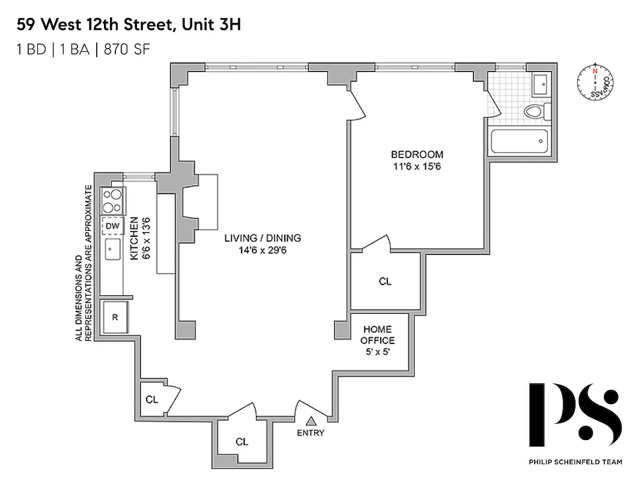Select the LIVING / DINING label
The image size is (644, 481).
pyautogui.click(x=263, y=238)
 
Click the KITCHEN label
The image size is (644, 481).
pyautogui.click(x=135, y=239)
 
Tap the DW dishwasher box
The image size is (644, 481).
pyautogui.click(x=112, y=226)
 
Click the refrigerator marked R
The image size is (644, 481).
pyautogui.click(x=114, y=317)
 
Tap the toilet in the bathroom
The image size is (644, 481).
pyautogui.click(x=533, y=111)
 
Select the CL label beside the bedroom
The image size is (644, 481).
pyautogui.click(x=385, y=281)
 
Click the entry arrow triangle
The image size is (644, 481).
pyautogui.click(x=311, y=422)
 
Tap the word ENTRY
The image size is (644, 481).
pyautogui.click(x=311, y=433)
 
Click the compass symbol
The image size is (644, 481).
pyautogui.click(x=595, y=83)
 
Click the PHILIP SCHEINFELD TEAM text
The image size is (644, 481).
pyautogui.click(x=576, y=462)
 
